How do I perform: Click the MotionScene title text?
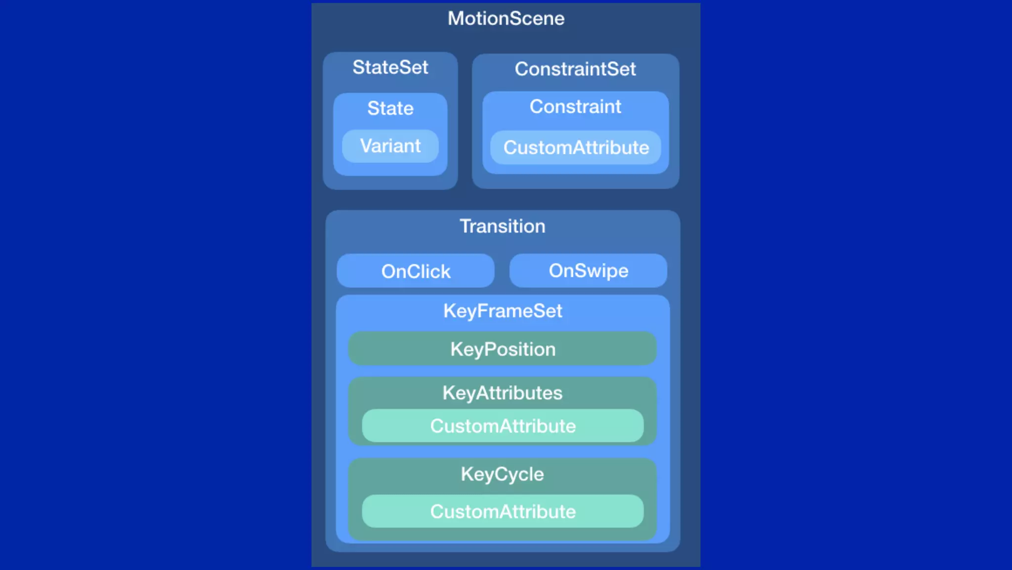coord(506,19)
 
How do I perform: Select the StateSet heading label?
coord(390,67)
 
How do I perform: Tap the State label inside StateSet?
coord(390,108)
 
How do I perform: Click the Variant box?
coord(390,146)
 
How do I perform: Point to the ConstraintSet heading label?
coord(575,69)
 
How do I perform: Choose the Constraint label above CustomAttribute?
coord(575,107)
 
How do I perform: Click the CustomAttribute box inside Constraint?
coord(576,147)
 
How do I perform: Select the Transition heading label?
coord(503,227)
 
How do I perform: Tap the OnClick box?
coord(416,271)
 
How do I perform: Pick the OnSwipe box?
coord(588,271)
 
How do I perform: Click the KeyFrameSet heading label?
coord(503,311)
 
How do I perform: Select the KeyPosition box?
coord(503,349)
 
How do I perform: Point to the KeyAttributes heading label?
coord(503,393)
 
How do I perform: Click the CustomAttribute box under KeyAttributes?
coord(503,426)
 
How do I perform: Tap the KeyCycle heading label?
coord(503,475)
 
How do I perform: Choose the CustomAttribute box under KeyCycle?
coord(503,512)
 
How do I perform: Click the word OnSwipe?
coord(589,271)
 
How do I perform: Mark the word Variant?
coord(390,146)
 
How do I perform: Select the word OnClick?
coord(416,272)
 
